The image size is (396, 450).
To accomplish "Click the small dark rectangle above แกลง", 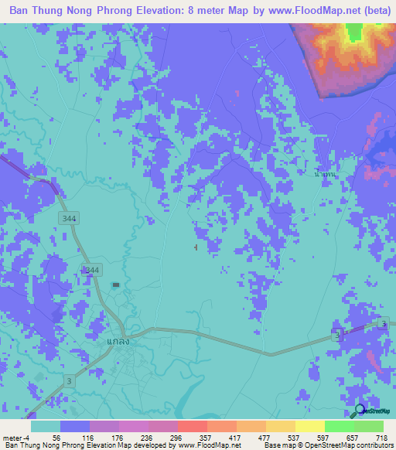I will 115,285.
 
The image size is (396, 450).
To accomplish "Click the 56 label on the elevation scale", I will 56,438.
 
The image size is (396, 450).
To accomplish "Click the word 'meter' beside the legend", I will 13,438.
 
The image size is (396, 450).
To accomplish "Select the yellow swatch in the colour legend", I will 309,426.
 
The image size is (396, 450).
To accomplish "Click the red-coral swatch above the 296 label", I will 192,426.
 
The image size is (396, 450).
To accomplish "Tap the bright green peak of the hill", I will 355,32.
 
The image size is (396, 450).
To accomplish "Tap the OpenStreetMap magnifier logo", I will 360,411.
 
